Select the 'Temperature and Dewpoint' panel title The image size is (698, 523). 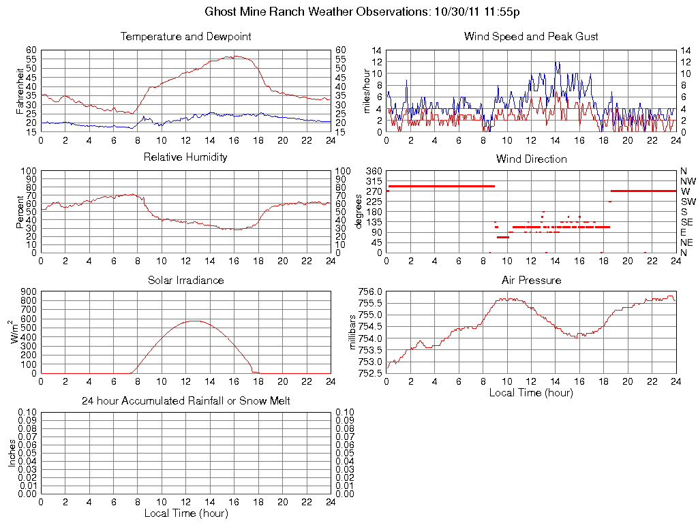pos(185,36)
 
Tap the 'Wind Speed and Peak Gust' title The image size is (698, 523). pos(531,36)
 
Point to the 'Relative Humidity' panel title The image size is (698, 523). pos(185,157)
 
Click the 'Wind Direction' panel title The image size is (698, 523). pos(531,159)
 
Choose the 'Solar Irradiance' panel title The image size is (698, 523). pos(185,280)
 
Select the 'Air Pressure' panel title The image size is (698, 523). pos(531,280)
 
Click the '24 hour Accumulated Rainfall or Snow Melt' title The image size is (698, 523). pos(185,401)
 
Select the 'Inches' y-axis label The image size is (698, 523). pos(12,453)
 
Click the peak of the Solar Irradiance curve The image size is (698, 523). pos(195,320)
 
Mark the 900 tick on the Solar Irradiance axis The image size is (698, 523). pos(28,291)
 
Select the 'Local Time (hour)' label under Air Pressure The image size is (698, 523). pos(531,392)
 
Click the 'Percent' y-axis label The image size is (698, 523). pos(20,212)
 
